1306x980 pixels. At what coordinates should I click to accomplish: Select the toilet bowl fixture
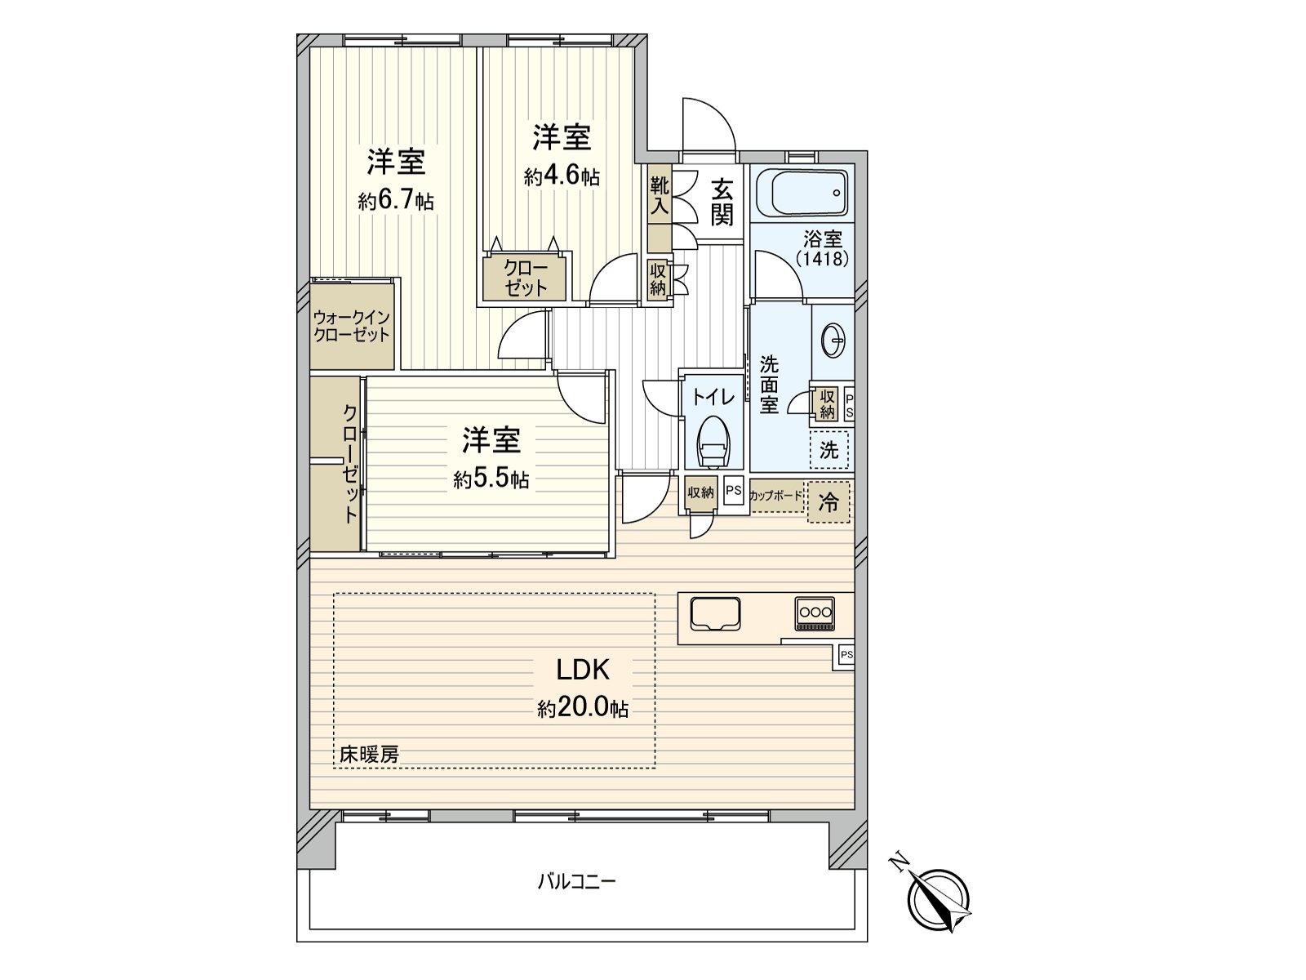[x=714, y=440]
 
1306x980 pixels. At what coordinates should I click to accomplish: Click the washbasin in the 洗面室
[x=833, y=341]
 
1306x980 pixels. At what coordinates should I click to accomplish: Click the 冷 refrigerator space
[x=828, y=502]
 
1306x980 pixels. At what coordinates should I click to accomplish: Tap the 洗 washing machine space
[x=828, y=451]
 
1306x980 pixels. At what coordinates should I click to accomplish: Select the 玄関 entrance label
[x=722, y=203]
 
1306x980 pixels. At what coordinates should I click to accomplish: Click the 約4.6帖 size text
[x=562, y=176]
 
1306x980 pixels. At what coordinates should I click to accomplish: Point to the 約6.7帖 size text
[x=396, y=201]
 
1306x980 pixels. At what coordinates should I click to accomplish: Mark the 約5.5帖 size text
[x=491, y=479]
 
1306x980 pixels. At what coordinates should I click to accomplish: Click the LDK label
[x=583, y=670]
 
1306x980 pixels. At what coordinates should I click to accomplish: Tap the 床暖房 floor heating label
[x=369, y=755]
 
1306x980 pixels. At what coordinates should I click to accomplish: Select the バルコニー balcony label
[x=576, y=881]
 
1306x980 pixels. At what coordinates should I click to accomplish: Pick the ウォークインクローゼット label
[x=352, y=326]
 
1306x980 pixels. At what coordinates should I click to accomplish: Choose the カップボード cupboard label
[x=776, y=496]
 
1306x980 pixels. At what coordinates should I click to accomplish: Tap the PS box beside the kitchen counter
[x=846, y=655]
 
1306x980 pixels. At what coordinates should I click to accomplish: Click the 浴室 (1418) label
[x=823, y=249]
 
